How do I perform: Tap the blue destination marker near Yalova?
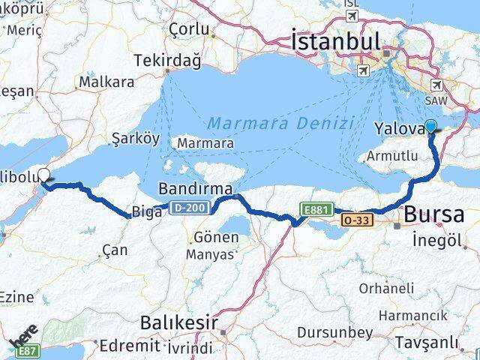pos(432,127)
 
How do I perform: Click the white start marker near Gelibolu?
pos(43,175)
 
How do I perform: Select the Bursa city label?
pos(433,215)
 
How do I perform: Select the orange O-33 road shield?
pos(355,220)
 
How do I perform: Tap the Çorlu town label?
pos(188,28)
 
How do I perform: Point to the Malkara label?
pos(106,82)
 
